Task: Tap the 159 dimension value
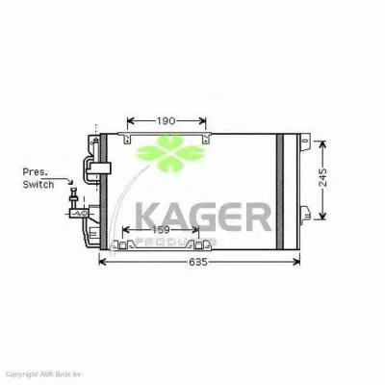(162, 230)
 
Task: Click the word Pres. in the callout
(37, 172)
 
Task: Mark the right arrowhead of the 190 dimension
(204, 122)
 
